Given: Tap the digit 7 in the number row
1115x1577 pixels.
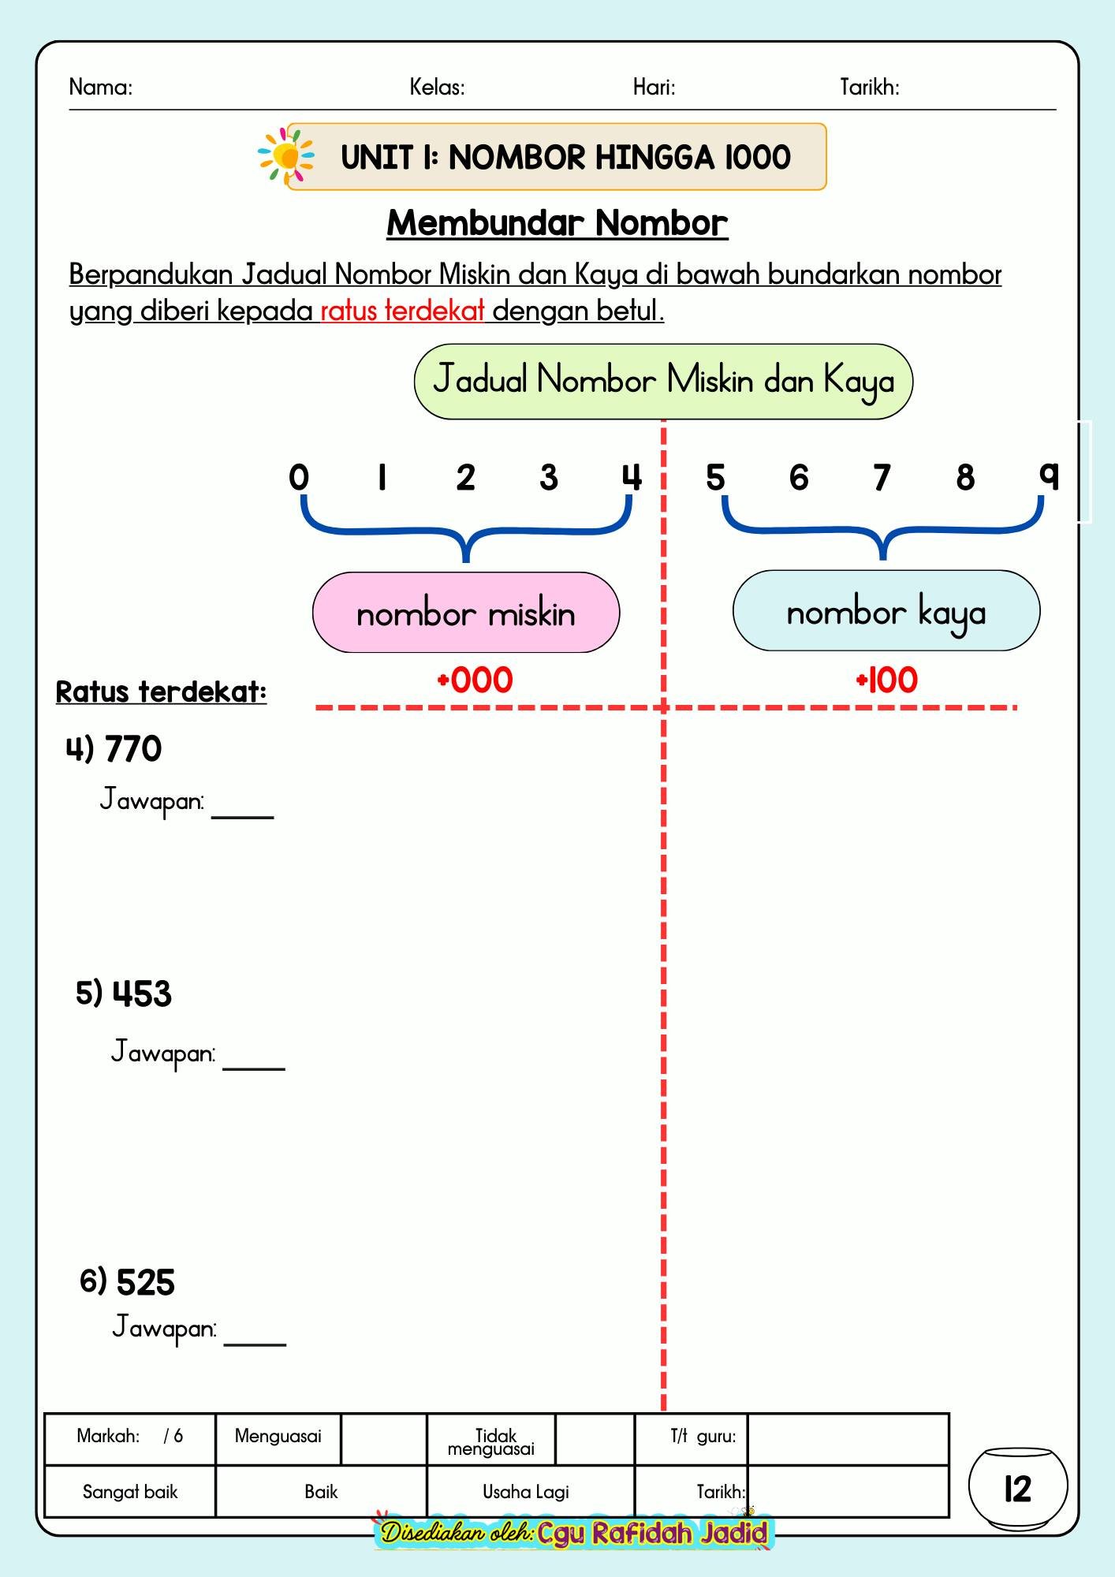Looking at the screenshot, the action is pyautogui.click(x=882, y=478).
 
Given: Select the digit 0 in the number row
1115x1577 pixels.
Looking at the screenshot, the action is pyautogui.click(x=299, y=477).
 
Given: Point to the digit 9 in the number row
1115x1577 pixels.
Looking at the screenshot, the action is pyautogui.click(x=1049, y=475).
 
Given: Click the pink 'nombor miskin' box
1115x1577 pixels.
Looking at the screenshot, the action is pyautogui.click(x=466, y=613).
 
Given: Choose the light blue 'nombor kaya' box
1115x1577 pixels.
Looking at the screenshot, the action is pyautogui.click(x=886, y=611).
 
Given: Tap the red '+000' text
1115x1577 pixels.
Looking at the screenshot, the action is pyautogui.click(x=475, y=680).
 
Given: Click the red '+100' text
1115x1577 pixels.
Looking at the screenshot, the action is pyautogui.click(x=887, y=680).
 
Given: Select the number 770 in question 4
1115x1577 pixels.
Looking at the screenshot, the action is pyautogui.click(x=133, y=748).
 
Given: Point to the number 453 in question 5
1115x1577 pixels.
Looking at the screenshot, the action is pyautogui.click(x=142, y=994).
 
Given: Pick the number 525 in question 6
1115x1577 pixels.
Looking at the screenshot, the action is pyautogui.click(x=146, y=1282).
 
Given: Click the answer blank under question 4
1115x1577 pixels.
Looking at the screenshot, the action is pyautogui.click(x=243, y=817).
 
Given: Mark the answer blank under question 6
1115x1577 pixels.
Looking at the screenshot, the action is pyautogui.click(x=255, y=1344).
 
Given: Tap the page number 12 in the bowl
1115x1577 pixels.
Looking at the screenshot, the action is pyautogui.click(x=1018, y=1489).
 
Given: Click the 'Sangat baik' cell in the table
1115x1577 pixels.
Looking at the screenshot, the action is pyautogui.click(x=130, y=1491).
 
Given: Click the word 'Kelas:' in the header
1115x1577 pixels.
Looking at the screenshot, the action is pyautogui.click(x=437, y=87).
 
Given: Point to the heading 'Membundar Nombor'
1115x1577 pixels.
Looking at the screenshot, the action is pyautogui.click(x=557, y=223).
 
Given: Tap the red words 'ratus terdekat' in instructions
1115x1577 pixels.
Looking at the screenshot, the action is pyautogui.click(x=402, y=311).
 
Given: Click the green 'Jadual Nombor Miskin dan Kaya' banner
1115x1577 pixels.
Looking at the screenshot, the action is pyautogui.click(x=663, y=381).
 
